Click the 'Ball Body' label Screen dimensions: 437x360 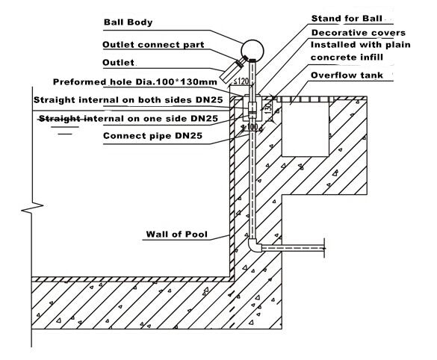pyautogui.click(x=128, y=22)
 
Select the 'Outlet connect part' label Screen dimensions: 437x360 pyautogui.click(x=153, y=45)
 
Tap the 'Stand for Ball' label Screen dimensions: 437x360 pyautogui.click(x=347, y=19)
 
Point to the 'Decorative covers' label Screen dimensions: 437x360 pyautogui.click(x=359, y=33)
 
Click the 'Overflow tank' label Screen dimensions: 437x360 pyautogui.click(x=347, y=75)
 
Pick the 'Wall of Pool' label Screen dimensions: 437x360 pyautogui.click(x=177, y=234)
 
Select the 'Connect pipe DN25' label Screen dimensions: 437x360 pyautogui.click(x=152, y=136)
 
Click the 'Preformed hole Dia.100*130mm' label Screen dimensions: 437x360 pyautogui.click(x=135, y=82)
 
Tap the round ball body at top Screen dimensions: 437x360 pyautogui.click(x=252, y=50)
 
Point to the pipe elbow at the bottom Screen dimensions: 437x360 pyautogui.click(x=255, y=246)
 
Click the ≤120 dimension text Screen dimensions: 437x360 pyautogui.click(x=241, y=81)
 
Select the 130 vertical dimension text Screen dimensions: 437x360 pyautogui.click(x=268, y=108)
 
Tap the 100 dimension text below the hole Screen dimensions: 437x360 pyautogui.click(x=252, y=127)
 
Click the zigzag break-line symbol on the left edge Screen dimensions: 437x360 pyautogui.click(x=32, y=208)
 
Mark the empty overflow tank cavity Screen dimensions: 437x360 pyautogui.click(x=306, y=129)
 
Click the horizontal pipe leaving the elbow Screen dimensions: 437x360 pyautogui.click(x=293, y=248)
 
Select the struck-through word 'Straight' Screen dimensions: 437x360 pyautogui.click(x=60, y=119)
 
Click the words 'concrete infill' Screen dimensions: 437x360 pyautogui.click(x=347, y=58)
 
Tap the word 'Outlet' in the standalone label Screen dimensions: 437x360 pyautogui.click(x=119, y=63)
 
